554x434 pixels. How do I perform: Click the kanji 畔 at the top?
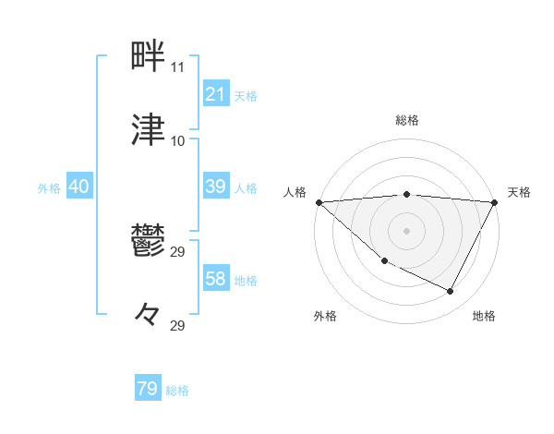[x=150, y=57]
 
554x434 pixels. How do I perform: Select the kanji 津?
[x=150, y=131]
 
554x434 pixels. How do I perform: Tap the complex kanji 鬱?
[x=150, y=241]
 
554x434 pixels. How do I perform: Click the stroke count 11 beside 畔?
[x=177, y=67]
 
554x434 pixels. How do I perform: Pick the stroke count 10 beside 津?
[x=177, y=141]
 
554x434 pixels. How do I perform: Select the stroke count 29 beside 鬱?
[x=177, y=252]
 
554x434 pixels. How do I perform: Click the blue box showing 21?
[x=215, y=94]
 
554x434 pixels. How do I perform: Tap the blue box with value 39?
[x=215, y=187]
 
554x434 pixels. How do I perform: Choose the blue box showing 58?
[x=215, y=279]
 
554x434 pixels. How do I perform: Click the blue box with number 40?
[x=79, y=187]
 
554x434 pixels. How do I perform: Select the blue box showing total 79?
[x=148, y=389]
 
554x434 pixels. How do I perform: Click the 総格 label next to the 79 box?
[x=178, y=391]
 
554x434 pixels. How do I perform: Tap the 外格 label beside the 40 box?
[x=50, y=187]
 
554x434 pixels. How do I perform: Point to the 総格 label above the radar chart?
[x=407, y=120]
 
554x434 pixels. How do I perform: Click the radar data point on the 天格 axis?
[x=496, y=202]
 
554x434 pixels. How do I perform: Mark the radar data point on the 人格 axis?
[x=319, y=202]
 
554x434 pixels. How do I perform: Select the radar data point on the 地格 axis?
[x=451, y=292]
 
